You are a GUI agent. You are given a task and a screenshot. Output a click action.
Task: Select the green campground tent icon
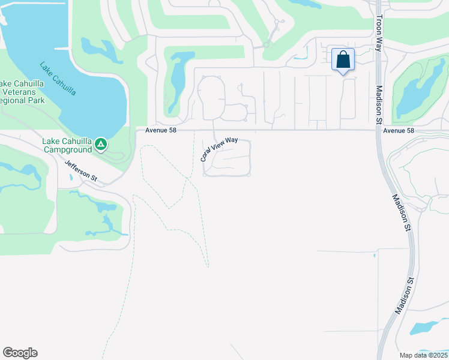tap(101, 145)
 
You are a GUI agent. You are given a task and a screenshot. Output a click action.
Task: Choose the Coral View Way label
tap(218, 149)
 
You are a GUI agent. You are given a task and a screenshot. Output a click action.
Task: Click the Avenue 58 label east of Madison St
tap(399, 130)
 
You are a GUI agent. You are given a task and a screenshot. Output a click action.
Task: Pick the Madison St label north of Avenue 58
tap(379, 95)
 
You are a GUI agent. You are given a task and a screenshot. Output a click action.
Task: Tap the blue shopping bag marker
tap(343, 60)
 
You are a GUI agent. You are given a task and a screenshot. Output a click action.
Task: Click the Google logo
tap(20, 353)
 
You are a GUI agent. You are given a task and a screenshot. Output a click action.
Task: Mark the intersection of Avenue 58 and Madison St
tap(378, 130)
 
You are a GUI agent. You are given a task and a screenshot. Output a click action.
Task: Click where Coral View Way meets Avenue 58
tap(215, 130)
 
